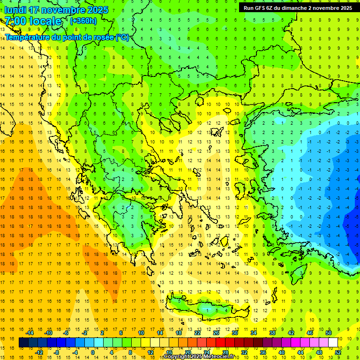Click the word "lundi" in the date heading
(x=15, y=10)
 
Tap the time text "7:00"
(x=16, y=21)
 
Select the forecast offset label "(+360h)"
(x=83, y=21)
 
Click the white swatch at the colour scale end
(x=333, y=343)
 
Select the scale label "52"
(x=338, y=352)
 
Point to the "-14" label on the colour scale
(x=31, y=333)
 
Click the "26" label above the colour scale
(x=216, y=333)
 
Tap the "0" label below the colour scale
(x=92, y=352)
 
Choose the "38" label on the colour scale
(x=272, y=333)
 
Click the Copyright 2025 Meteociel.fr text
(x=199, y=357)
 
